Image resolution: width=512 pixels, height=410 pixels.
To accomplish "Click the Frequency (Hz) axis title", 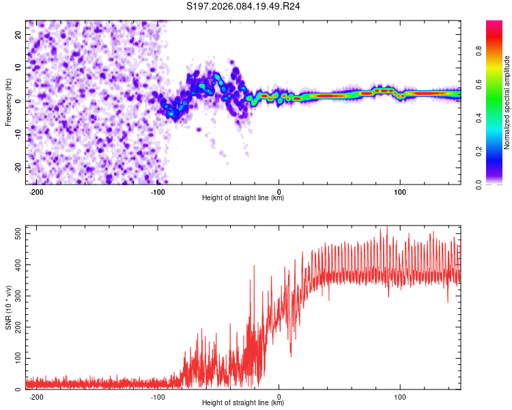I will click(8, 102).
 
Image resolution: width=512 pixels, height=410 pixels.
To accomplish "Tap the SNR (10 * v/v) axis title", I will click(8, 307).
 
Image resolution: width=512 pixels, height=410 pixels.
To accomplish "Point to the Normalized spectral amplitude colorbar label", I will click(507, 102).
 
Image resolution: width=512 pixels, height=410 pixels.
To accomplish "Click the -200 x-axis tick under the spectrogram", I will click(37, 191).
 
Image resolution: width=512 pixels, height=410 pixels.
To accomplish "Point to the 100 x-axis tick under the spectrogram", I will click(400, 191).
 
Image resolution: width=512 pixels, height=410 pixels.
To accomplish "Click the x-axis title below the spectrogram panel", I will click(243, 198).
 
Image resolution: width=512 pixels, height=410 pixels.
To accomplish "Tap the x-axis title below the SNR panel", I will click(243, 403).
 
